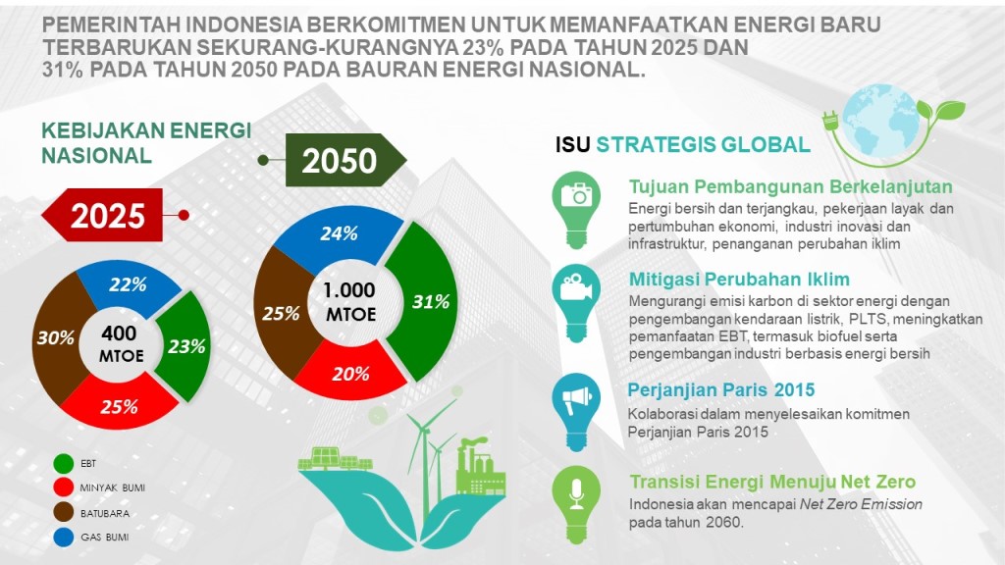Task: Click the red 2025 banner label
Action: [102, 215]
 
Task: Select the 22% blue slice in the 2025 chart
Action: [129, 286]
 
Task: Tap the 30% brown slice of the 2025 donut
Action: [55, 337]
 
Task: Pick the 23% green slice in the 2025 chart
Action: [185, 346]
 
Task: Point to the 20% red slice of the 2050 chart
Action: [350, 372]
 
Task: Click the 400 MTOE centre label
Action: [120, 343]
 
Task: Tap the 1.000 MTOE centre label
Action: [349, 302]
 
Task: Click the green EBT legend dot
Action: [64, 463]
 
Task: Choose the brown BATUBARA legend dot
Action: [64, 512]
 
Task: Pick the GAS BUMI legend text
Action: [104, 538]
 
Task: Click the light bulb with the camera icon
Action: [576, 210]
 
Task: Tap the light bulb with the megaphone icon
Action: [576, 411]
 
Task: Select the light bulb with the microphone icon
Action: [576, 503]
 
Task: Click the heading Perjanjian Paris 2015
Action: [721, 389]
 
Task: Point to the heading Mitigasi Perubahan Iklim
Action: [739, 280]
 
